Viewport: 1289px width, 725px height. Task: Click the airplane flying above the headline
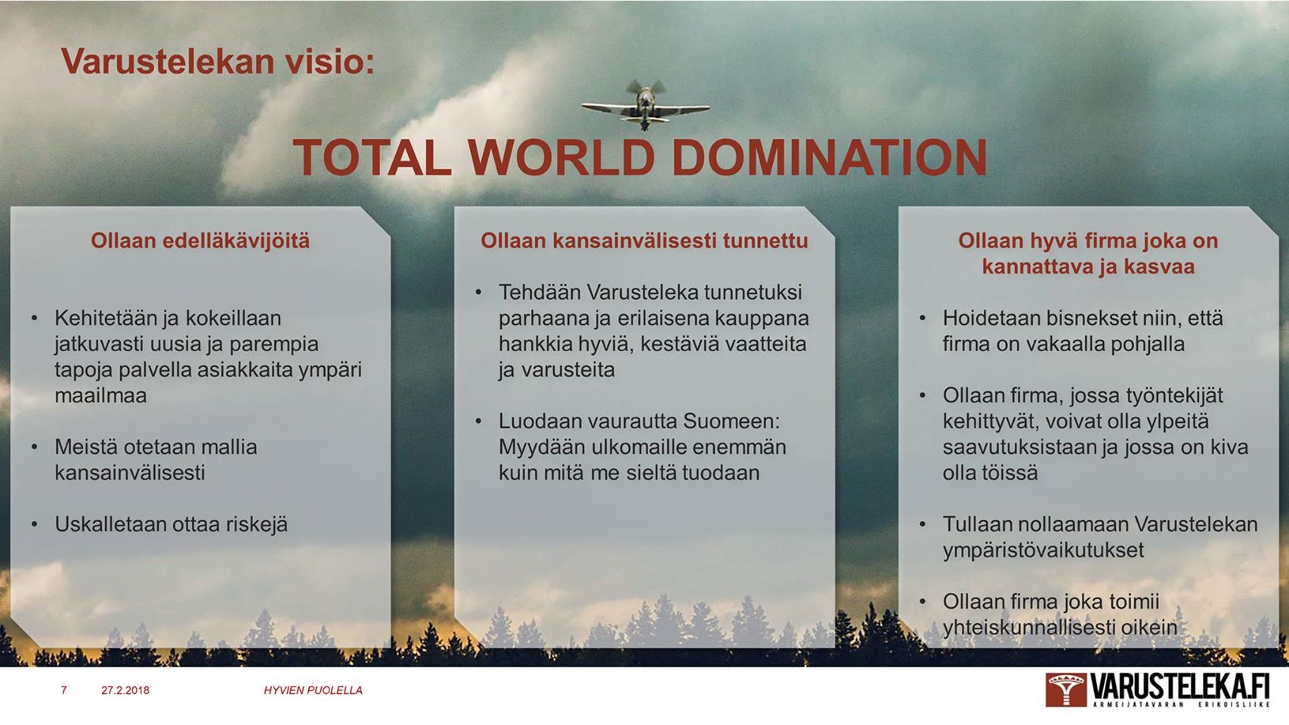645,106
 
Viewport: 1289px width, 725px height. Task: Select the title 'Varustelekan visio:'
218,61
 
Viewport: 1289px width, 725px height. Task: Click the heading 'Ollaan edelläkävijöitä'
200,240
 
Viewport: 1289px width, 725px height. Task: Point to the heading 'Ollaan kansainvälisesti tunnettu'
644,240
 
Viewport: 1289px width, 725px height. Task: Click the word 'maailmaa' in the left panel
100,395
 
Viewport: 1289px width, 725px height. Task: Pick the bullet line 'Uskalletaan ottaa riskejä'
171,524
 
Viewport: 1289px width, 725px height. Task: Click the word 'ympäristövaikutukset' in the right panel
1043,550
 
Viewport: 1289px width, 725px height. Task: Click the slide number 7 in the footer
64,690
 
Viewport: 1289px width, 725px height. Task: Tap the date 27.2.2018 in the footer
125,690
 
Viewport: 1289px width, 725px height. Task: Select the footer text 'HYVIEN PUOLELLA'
313,690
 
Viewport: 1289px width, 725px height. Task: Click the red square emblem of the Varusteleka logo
1066,690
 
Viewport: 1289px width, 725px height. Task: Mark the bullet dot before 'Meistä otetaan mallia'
35,447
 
